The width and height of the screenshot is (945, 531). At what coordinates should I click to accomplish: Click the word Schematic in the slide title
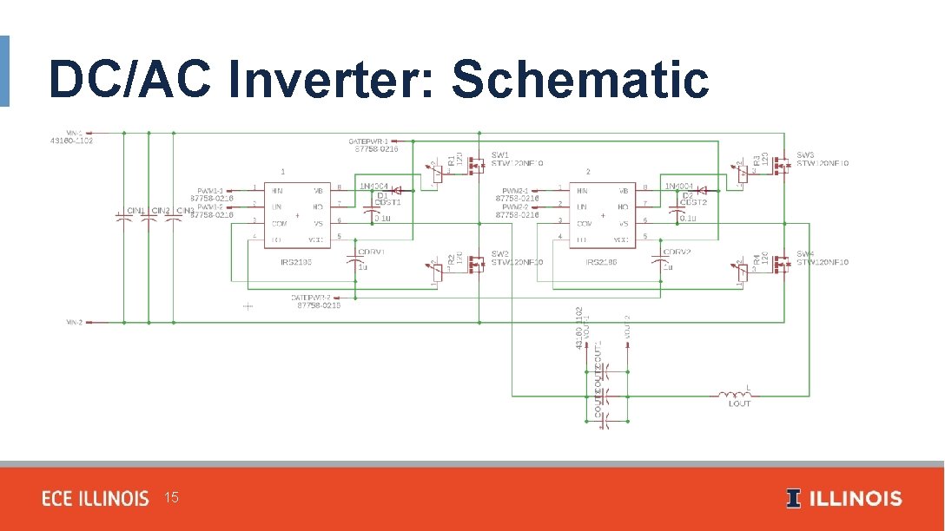pyautogui.click(x=580, y=80)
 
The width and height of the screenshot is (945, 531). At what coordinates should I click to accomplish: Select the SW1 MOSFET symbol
pyautogui.click(x=474, y=163)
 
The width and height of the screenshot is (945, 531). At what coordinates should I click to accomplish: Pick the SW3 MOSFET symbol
pyautogui.click(x=781, y=162)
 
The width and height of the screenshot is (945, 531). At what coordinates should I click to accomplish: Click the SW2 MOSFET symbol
pyautogui.click(x=474, y=262)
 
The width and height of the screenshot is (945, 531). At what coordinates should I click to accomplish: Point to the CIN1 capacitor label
pyautogui.click(x=135, y=211)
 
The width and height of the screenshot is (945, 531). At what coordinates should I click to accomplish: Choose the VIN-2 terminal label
pyautogui.click(x=75, y=322)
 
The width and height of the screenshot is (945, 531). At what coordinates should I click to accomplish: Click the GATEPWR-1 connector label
pyautogui.click(x=368, y=140)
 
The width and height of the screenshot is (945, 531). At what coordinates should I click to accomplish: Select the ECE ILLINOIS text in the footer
pyautogui.click(x=96, y=499)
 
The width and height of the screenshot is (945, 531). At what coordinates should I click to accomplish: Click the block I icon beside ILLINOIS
pyautogui.click(x=793, y=498)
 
